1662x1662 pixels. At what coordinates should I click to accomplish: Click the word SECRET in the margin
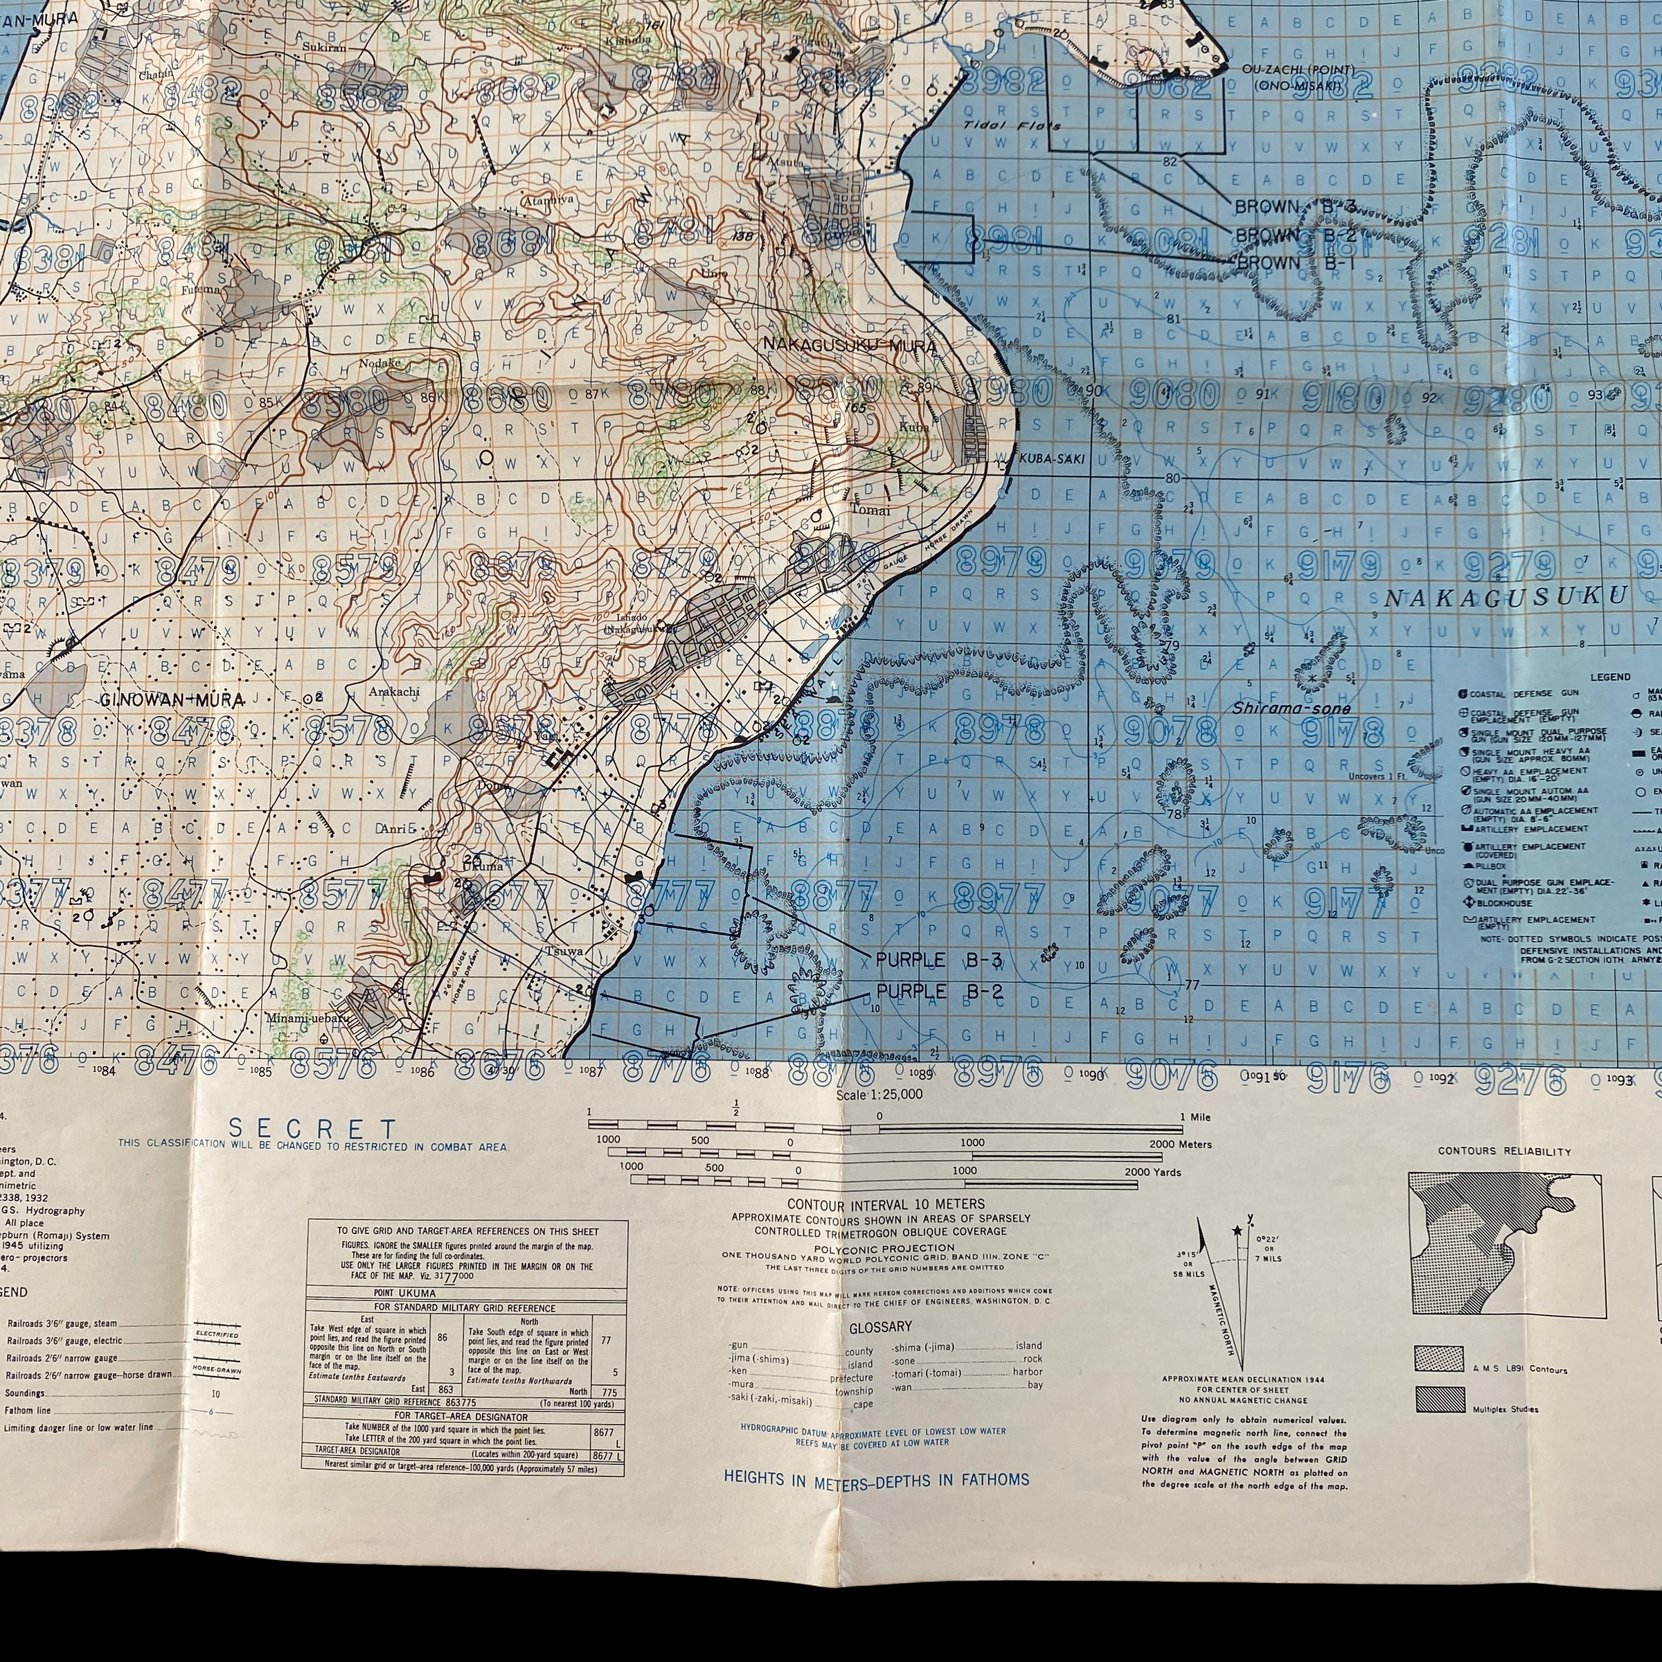[312, 1129]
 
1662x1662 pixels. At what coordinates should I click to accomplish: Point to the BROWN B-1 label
[1295, 262]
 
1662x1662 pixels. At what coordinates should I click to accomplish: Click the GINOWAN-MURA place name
[172, 699]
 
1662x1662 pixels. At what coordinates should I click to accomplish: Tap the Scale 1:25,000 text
[879, 1094]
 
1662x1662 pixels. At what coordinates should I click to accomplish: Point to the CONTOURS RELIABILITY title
[1503, 1151]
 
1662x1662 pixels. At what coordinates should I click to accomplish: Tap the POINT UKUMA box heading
[404, 1293]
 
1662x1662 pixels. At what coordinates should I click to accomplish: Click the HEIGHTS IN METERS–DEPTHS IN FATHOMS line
[876, 1478]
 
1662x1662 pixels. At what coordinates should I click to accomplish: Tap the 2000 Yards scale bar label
[1154, 1172]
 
